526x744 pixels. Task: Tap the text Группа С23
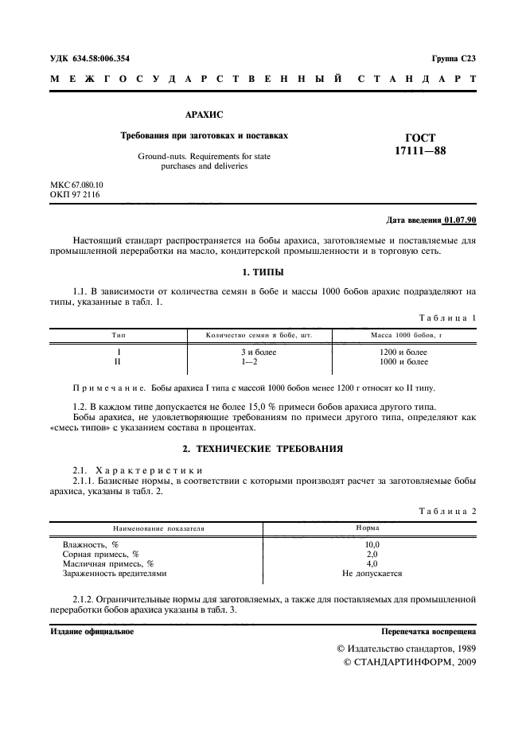click(x=454, y=58)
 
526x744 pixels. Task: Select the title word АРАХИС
click(x=204, y=115)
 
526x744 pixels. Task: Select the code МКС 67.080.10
click(x=77, y=185)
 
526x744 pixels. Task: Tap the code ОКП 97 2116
click(x=75, y=194)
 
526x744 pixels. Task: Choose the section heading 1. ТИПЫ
click(x=263, y=273)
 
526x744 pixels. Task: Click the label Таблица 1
click(x=448, y=317)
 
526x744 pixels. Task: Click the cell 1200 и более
click(x=403, y=352)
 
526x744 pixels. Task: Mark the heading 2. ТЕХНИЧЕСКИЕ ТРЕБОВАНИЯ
click(x=263, y=448)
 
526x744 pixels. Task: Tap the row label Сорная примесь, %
click(x=101, y=554)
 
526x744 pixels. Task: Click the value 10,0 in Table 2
click(x=372, y=544)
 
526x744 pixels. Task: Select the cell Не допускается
click(x=372, y=573)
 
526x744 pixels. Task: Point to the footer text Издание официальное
click(x=92, y=631)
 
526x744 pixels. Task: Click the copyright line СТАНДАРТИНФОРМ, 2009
click(x=414, y=662)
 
